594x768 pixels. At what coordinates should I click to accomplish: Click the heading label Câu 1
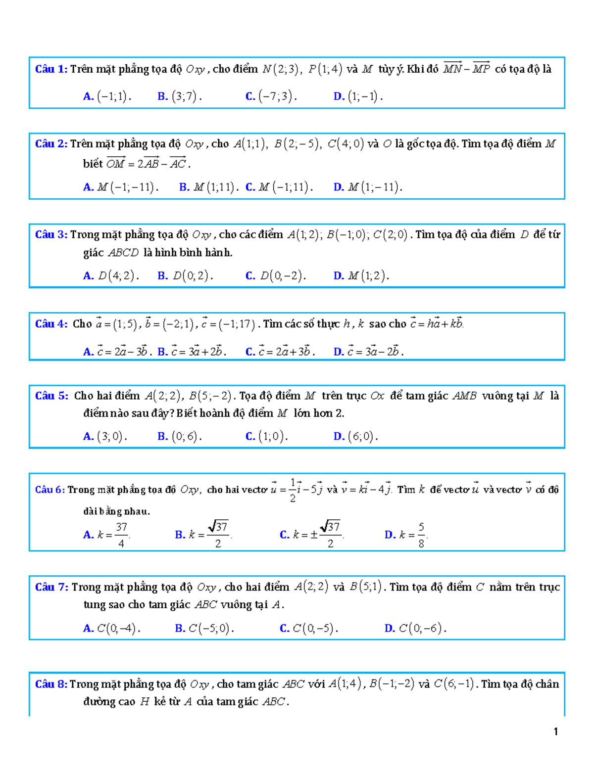coord(51,69)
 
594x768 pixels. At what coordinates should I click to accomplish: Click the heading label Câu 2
coord(51,144)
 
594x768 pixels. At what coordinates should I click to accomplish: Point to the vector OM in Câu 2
coord(116,163)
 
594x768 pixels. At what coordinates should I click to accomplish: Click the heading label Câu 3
coord(51,234)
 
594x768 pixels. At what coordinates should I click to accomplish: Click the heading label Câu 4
coord(51,324)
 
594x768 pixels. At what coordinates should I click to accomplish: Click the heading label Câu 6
coord(49,490)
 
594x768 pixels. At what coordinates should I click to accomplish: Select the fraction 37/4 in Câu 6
coord(121,535)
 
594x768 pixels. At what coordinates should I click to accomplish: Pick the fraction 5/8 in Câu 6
coord(421,535)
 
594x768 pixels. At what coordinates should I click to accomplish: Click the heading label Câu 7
coord(51,587)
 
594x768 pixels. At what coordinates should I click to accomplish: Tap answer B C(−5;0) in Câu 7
coord(210,629)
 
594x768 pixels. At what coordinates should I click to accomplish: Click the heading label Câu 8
coord(51,684)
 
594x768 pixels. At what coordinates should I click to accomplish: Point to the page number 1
coord(556,732)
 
